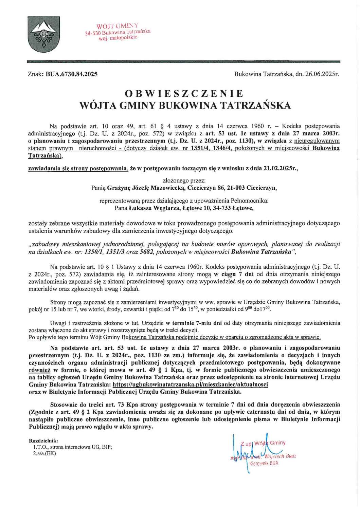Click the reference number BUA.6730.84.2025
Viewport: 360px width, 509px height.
[x=71, y=74]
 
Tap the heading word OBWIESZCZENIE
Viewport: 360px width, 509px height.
[x=184, y=93]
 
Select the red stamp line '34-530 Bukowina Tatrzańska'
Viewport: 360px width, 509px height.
[x=118, y=33]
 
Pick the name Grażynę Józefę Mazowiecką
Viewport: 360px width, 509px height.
[x=146, y=187]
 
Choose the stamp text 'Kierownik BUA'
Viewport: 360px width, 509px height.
[x=264, y=463]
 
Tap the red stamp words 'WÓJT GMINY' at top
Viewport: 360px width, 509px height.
[x=117, y=26]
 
